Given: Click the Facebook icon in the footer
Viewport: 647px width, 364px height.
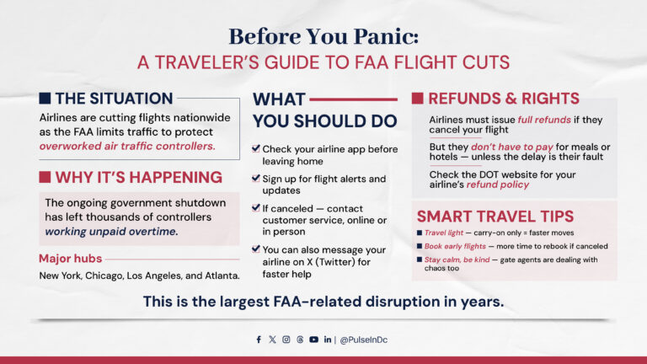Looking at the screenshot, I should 259,340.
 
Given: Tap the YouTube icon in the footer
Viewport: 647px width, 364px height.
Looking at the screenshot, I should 313,340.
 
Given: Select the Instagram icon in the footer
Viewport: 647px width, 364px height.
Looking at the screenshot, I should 286,340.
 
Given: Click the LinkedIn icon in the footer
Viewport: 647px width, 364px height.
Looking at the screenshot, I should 327,340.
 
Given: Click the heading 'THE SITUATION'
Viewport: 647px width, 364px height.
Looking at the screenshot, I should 114,99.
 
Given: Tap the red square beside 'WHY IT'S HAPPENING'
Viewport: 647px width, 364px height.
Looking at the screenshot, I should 45,177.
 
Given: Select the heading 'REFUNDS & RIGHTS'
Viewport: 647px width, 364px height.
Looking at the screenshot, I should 504,99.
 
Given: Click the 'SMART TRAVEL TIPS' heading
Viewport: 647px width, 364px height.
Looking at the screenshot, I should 495,216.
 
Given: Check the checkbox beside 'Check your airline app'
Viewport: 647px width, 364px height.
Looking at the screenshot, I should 256,148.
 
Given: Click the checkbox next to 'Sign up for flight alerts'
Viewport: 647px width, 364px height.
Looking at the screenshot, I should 256,179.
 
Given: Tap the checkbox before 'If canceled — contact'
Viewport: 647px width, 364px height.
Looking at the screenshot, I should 256,207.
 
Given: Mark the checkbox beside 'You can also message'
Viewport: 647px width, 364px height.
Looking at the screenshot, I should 256,249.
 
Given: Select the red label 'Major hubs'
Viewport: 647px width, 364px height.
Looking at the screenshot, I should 71,259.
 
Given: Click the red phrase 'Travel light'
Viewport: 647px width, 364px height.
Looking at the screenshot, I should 442,233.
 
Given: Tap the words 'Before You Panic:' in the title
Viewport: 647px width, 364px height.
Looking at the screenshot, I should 323,37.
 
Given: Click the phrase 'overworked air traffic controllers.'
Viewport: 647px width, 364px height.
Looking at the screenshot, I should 127,146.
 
